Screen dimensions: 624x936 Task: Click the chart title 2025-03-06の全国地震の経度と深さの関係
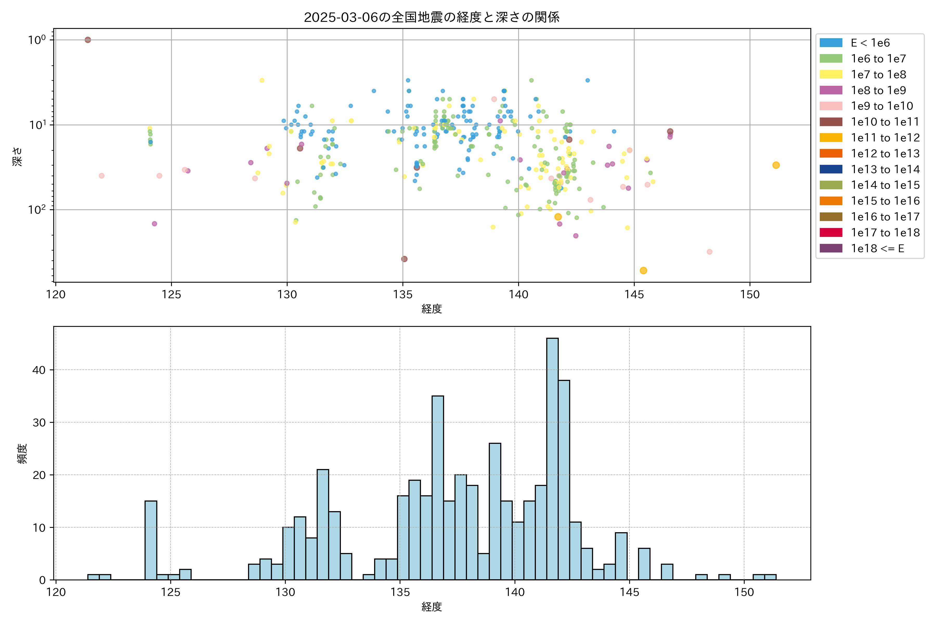pyautogui.click(x=432, y=17)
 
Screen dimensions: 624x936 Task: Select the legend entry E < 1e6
pyautogui.click(x=870, y=43)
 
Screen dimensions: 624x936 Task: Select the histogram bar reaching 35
pyautogui.click(x=438, y=487)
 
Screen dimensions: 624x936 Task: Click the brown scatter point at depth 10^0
pyautogui.click(x=88, y=40)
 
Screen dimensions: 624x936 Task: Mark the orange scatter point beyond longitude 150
pyautogui.click(x=776, y=165)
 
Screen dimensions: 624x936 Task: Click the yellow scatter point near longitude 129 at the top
pyautogui.click(x=262, y=80)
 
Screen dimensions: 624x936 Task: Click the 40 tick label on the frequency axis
pyautogui.click(x=39, y=370)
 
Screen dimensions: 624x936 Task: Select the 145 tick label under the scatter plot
pyautogui.click(x=634, y=295)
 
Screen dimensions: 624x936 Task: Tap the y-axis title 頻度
pyautogui.click(x=22, y=454)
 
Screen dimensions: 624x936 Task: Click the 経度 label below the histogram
pyautogui.click(x=432, y=607)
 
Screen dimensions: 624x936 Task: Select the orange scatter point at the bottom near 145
pyautogui.click(x=643, y=271)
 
